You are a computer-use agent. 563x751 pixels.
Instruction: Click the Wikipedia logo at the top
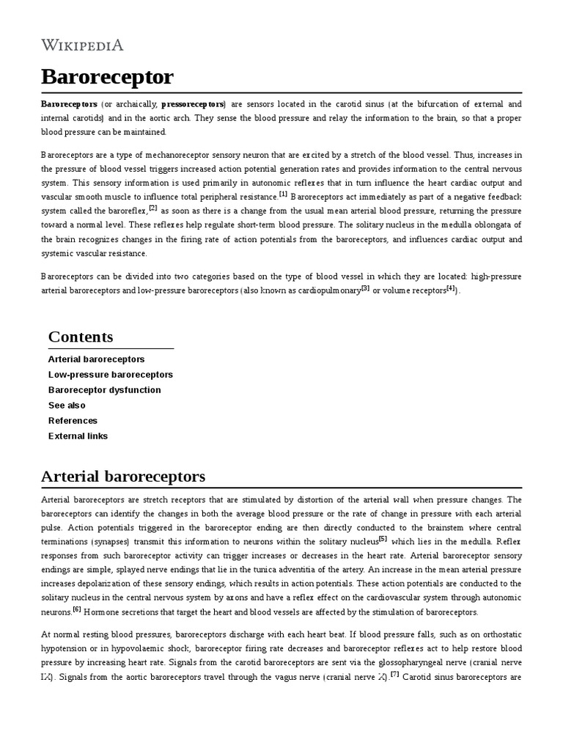coord(82,45)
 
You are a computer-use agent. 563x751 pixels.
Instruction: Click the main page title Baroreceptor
coord(107,76)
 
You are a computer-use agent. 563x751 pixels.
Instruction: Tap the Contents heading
coord(81,337)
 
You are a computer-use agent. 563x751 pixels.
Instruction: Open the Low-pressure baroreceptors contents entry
coord(111,375)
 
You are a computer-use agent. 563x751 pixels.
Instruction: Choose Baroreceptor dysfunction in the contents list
coord(104,390)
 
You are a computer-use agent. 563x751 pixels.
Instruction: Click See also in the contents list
coord(67,406)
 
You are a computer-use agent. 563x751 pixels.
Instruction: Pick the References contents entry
coord(73,421)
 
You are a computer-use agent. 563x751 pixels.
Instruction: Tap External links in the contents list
coord(78,436)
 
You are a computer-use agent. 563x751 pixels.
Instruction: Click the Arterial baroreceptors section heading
coord(123,476)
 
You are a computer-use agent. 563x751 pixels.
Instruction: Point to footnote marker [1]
coord(283,194)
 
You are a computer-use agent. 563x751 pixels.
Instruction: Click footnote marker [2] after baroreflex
coord(154,208)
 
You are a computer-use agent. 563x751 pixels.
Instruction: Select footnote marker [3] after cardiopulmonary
coord(365,288)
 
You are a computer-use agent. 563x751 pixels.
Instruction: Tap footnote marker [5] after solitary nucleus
coord(383,539)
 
